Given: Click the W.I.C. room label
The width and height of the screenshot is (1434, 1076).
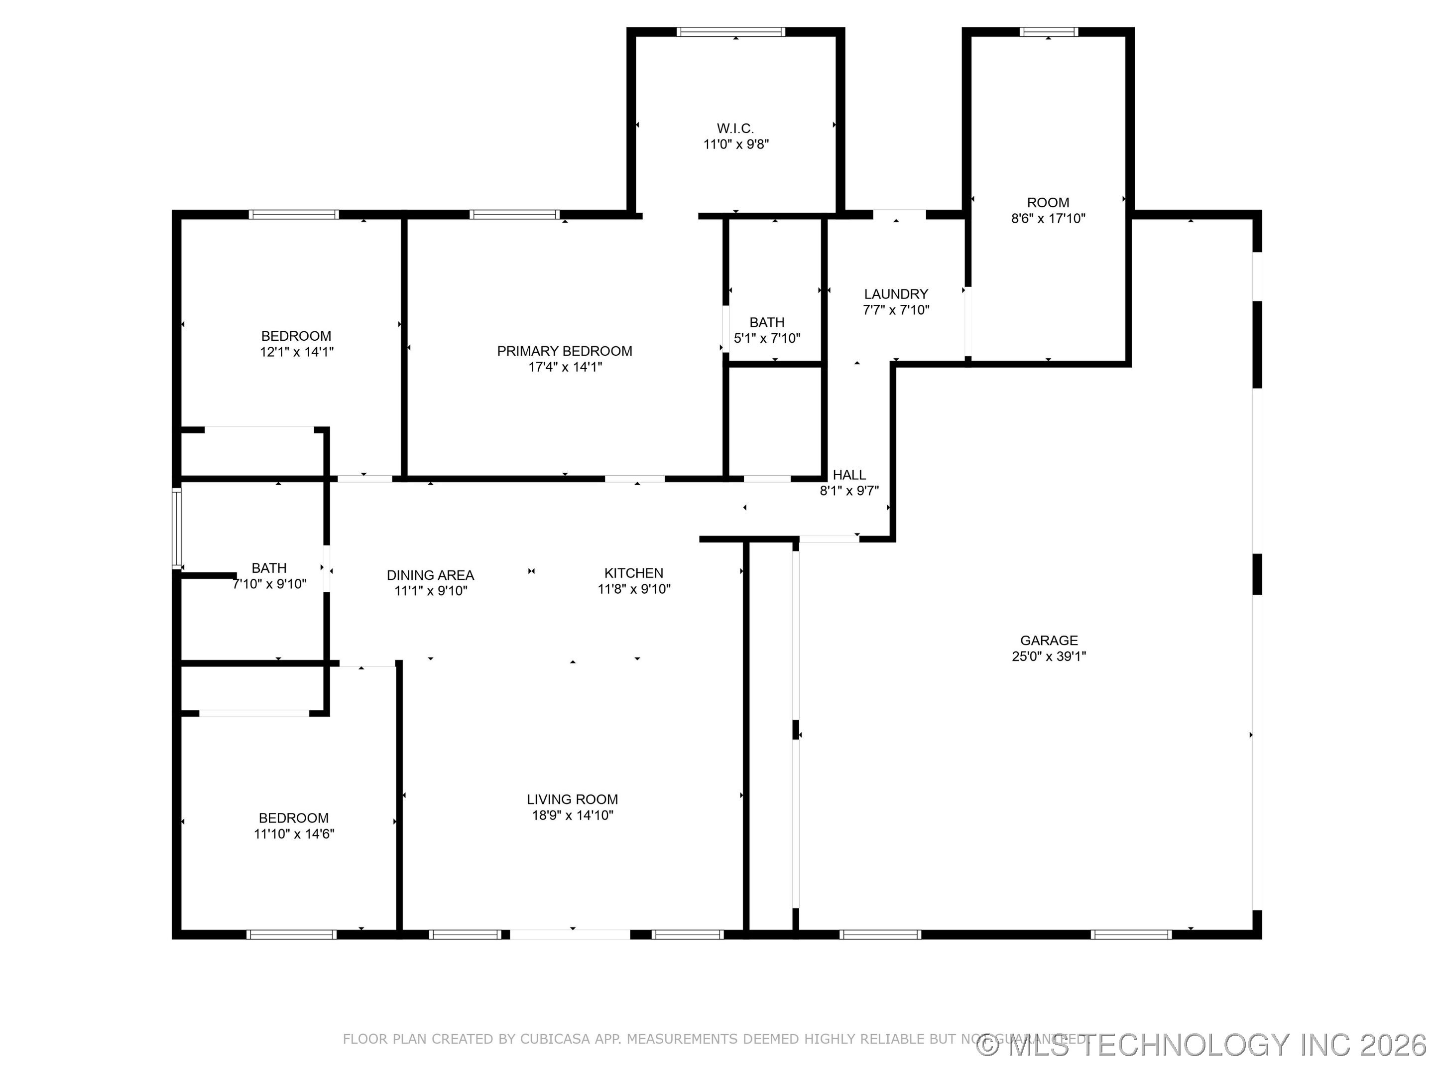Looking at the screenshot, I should pos(735,129).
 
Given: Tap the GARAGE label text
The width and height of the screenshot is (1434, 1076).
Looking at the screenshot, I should pos(1048,640).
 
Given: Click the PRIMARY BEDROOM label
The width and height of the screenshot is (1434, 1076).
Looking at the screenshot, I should pos(564,351).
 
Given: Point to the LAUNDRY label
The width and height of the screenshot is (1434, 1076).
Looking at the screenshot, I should pos(896,294).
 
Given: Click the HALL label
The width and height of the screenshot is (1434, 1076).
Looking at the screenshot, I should pos(848,475).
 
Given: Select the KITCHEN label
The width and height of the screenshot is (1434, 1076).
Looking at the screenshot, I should pos(633,573).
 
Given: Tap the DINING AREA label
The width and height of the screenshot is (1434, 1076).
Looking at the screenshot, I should pos(431,575).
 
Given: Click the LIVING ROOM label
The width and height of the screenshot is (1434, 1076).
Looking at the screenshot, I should pos(572,800).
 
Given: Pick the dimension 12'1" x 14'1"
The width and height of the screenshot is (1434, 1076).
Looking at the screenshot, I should pos(296,352).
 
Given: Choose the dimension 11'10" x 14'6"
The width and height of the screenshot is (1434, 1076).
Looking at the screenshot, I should pos(294,834).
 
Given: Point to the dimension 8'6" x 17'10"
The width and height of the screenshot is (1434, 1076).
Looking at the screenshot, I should pos(1048,219).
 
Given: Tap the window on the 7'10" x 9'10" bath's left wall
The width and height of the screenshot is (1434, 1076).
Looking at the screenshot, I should pos(176,529).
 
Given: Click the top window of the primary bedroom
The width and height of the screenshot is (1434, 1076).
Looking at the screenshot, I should pos(514,215).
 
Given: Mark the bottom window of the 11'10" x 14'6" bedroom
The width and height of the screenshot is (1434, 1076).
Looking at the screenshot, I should pos(291,935).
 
